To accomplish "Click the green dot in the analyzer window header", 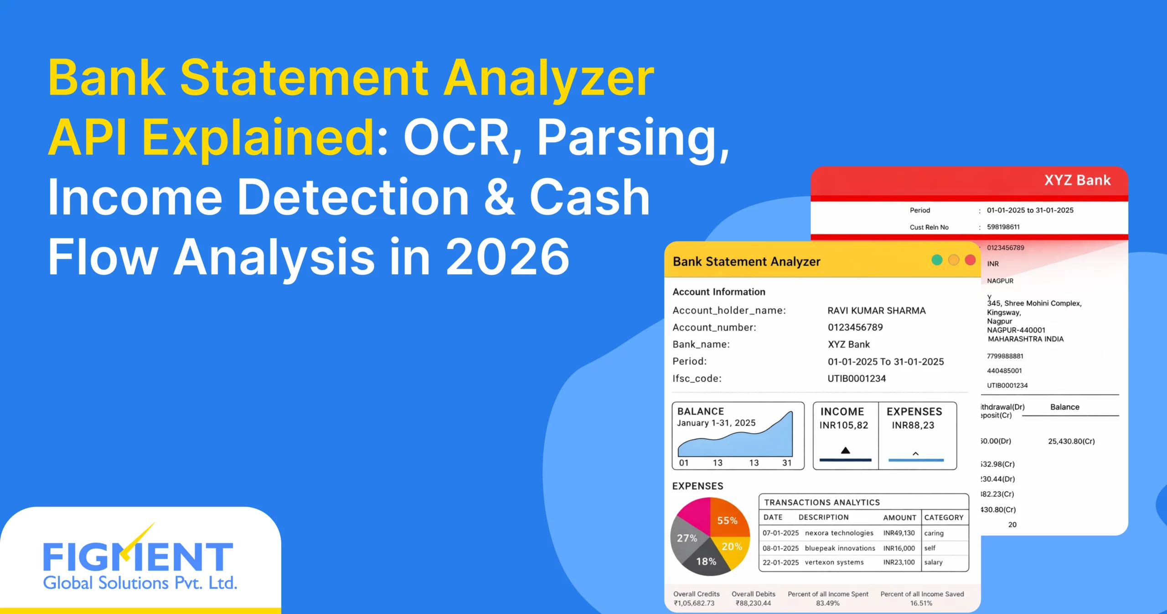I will [x=937, y=260].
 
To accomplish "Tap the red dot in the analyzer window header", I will [x=970, y=260].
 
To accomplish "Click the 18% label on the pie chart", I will [x=706, y=562].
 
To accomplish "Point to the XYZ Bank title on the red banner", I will [x=1077, y=180].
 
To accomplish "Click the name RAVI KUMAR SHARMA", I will [x=876, y=311].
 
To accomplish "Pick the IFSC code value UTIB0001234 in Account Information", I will [x=857, y=379].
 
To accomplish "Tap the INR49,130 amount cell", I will [x=898, y=533].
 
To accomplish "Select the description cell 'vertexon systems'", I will [x=834, y=562].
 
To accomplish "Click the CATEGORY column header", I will [x=944, y=517].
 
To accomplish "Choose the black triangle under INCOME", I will [x=845, y=451].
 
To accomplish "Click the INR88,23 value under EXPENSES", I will [x=913, y=425].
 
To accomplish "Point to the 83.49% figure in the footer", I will [x=827, y=603].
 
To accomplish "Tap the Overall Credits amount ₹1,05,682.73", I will [x=694, y=603].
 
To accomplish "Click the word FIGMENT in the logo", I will [x=138, y=557].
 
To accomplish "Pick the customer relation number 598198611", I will [x=1003, y=227].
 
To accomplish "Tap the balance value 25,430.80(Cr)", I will [x=1071, y=441].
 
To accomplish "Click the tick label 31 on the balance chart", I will [x=787, y=463].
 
